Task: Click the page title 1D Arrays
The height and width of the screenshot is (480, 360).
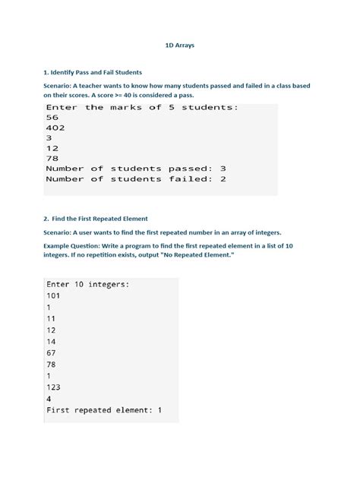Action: coord(180,46)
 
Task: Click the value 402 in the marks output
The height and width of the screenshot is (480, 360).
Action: coord(55,128)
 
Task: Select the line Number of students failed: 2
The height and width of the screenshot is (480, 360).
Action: coord(136,179)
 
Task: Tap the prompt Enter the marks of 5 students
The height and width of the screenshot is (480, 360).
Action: coord(142,107)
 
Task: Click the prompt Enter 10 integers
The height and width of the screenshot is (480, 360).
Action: coord(87,285)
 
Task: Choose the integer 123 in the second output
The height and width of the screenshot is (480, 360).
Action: coord(55,387)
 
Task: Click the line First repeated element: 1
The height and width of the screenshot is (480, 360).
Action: coord(104,410)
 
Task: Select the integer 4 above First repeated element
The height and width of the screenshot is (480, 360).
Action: coord(49,399)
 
